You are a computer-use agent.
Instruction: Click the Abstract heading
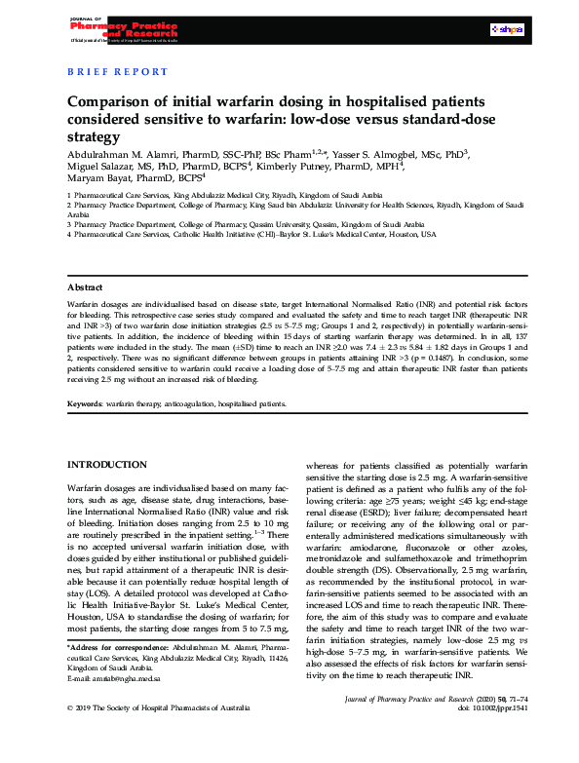[x=86, y=288]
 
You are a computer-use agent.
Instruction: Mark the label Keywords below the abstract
[x=88, y=402]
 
